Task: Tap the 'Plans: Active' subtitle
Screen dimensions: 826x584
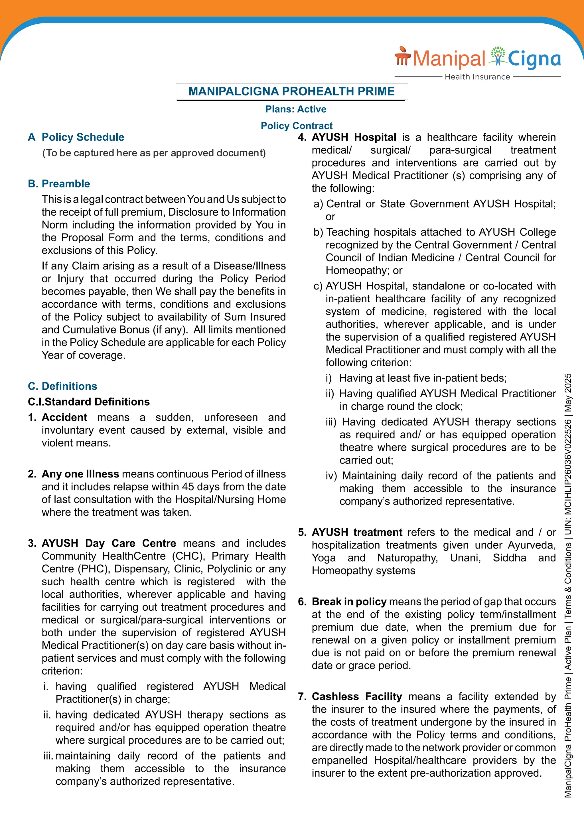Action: click(x=296, y=109)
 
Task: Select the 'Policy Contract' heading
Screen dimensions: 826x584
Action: click(x=296, y=125)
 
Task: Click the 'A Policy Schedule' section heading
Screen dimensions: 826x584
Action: click(x=76, y=137)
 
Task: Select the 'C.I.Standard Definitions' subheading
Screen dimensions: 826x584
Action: click(x=89, y=402)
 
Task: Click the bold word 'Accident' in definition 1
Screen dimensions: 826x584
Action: click(x=64, y=417)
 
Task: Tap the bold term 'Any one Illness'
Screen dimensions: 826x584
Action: click(x=80, y=474)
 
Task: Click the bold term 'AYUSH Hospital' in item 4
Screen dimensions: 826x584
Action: click(x=354, y=137)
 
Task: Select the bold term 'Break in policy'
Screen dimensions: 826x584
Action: click(x=349, y=602)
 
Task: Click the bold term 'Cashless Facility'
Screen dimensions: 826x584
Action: click(x=356, y=697)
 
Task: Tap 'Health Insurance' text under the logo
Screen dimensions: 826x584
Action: click(x=477, y=77)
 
